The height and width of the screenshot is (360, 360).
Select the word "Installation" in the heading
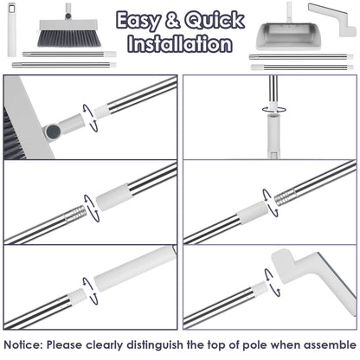179,44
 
